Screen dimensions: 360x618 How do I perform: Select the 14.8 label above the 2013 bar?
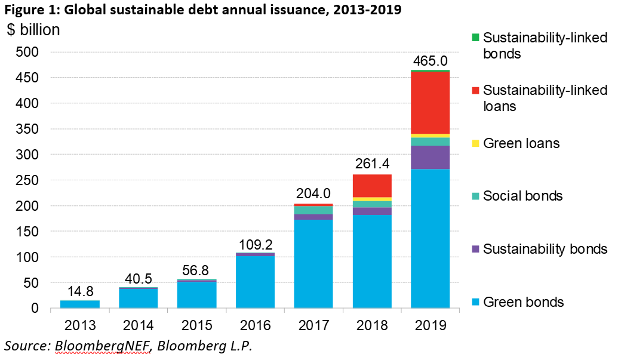[x=79, y=292]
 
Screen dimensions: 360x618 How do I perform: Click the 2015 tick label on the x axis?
[x=196, y=325]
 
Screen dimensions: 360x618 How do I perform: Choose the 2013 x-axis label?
[x=79, y=325]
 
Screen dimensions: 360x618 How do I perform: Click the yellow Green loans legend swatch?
[x=475, y=144]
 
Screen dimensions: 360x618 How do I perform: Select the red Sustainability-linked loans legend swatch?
[x=475, y=91]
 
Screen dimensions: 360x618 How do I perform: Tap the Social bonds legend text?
[x=522, y=196]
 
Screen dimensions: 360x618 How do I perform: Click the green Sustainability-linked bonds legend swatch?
[x=475, y=38]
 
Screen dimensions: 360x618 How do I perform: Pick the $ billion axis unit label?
[x=34, y=30]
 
